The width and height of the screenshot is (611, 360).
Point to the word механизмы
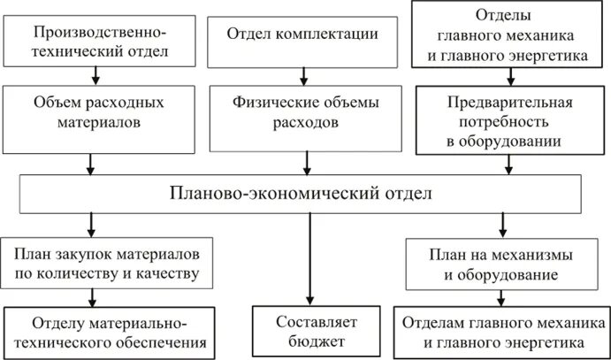click(x=535, y=254)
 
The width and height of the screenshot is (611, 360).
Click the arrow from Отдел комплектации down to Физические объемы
click(x=305, y=72)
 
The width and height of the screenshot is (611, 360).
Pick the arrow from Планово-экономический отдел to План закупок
click(x=90, y=223)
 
